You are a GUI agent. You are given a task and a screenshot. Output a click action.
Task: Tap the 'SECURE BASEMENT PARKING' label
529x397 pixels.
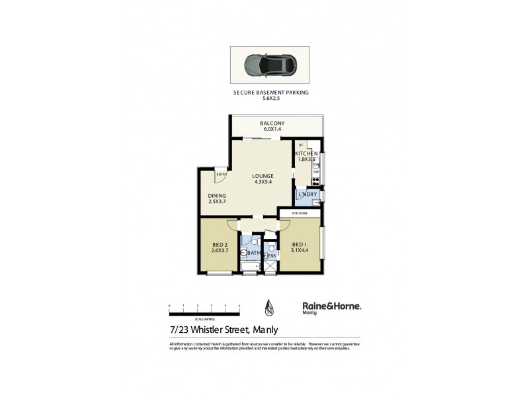point(271,93)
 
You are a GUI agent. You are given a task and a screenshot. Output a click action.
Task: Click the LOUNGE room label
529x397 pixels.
point(263,175)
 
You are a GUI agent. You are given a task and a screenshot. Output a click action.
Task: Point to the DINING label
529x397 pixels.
point(218,196)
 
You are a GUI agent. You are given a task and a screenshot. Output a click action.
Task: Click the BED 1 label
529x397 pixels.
point(300,244)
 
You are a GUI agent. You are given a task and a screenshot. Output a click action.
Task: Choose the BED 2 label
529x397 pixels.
point(219,245)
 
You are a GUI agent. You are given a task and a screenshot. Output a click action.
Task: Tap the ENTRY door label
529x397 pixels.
point(212,174)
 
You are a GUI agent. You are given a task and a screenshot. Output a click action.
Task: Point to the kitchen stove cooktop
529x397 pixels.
point(316,181)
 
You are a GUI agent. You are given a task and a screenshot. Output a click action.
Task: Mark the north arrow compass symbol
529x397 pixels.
point(269,307)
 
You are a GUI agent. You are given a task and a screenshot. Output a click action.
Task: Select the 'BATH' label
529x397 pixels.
point(255,253)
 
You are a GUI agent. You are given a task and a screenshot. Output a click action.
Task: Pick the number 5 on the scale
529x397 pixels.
point(239,305)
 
